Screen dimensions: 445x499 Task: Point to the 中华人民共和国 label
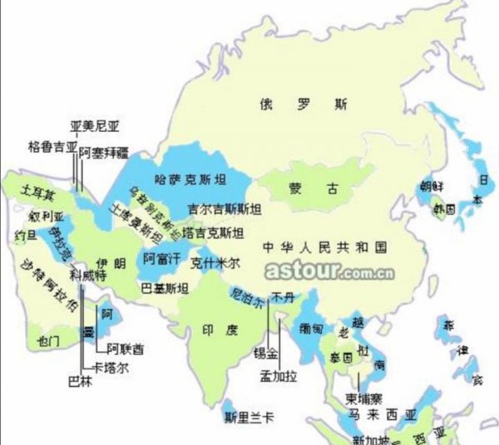tap(324, 247)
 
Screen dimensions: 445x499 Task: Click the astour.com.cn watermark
tap(319, 271)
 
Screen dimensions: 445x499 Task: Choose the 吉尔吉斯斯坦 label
tap(225, 208)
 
